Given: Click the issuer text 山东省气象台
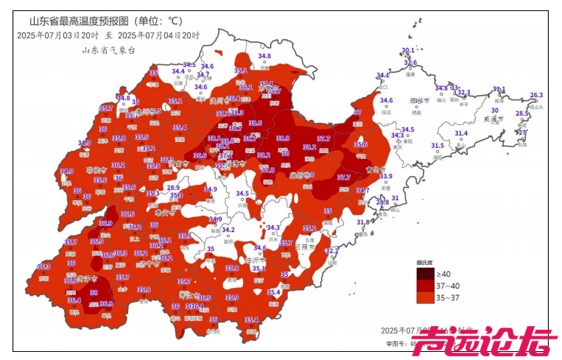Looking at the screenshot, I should (108, 50).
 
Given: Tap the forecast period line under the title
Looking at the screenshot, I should (108, 35).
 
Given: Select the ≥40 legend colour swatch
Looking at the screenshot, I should (426, 273).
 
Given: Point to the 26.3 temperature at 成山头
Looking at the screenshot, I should (536, 95).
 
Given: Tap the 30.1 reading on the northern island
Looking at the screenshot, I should (407, 50).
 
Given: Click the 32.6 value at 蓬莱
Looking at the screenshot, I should (410, 63).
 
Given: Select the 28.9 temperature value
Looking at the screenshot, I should (173, 188).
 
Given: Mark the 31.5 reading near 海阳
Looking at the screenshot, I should (438, 146).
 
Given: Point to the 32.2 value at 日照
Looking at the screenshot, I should (331, 251).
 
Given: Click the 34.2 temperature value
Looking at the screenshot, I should (228, 230).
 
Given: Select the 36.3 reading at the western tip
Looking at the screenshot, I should (43, 267).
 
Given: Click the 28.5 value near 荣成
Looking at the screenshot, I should (521, 113).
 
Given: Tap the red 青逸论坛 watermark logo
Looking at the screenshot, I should (489, 341).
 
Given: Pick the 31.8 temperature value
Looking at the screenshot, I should (363, 222).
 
